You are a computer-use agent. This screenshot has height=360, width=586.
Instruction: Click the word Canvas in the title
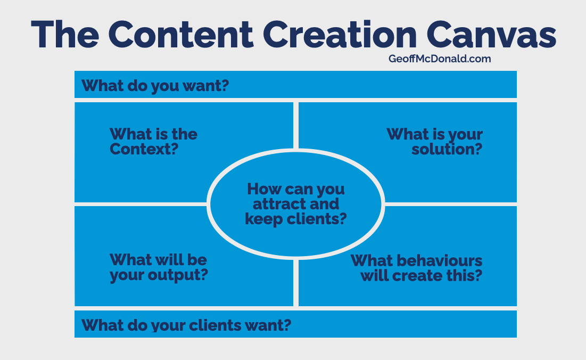tap(491, 35)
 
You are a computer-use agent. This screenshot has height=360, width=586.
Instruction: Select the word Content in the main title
tap(181, 35)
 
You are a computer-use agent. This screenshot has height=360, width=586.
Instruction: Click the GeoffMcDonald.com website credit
tap(440, 59)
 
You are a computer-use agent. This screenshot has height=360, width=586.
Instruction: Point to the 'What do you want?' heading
tap(155, 86)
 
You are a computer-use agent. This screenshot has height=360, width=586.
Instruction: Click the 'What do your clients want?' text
tap(186, 325)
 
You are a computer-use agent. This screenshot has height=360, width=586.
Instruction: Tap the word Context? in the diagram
tap(144, 149)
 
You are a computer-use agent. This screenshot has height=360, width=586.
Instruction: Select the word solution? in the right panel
tap(447, 149)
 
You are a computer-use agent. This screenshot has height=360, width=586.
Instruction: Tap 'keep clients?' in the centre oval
tap(295, 219)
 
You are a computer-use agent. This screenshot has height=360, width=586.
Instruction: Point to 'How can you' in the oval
tap(295, 189)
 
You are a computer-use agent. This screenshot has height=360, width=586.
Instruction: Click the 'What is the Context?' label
tap(153, 142)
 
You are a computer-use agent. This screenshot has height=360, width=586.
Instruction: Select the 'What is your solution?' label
tap(435, 142)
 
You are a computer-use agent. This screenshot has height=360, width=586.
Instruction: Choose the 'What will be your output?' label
tap(159, 268)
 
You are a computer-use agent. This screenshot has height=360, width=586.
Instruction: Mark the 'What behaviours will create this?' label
tap(417, 268)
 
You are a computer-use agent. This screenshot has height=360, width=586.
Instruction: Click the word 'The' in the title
tap(65, 35)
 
